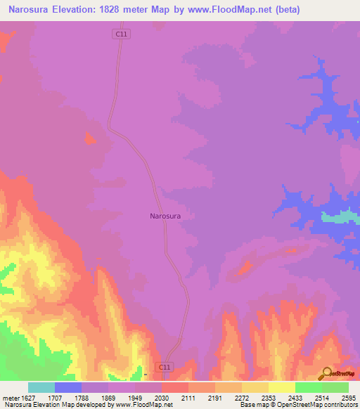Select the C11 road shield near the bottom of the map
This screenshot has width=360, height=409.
[x=164, y=367]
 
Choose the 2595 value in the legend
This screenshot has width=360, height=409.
[x=347, y=398]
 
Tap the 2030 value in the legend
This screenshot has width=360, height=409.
[x=162, y=398]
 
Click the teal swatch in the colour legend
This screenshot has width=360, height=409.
[x=41, y=387]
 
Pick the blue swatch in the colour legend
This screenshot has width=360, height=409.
[x=68, y=387]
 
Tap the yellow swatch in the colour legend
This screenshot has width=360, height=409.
[x=282, y=387]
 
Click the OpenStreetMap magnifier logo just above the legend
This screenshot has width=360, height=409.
[x=328, y=372]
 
